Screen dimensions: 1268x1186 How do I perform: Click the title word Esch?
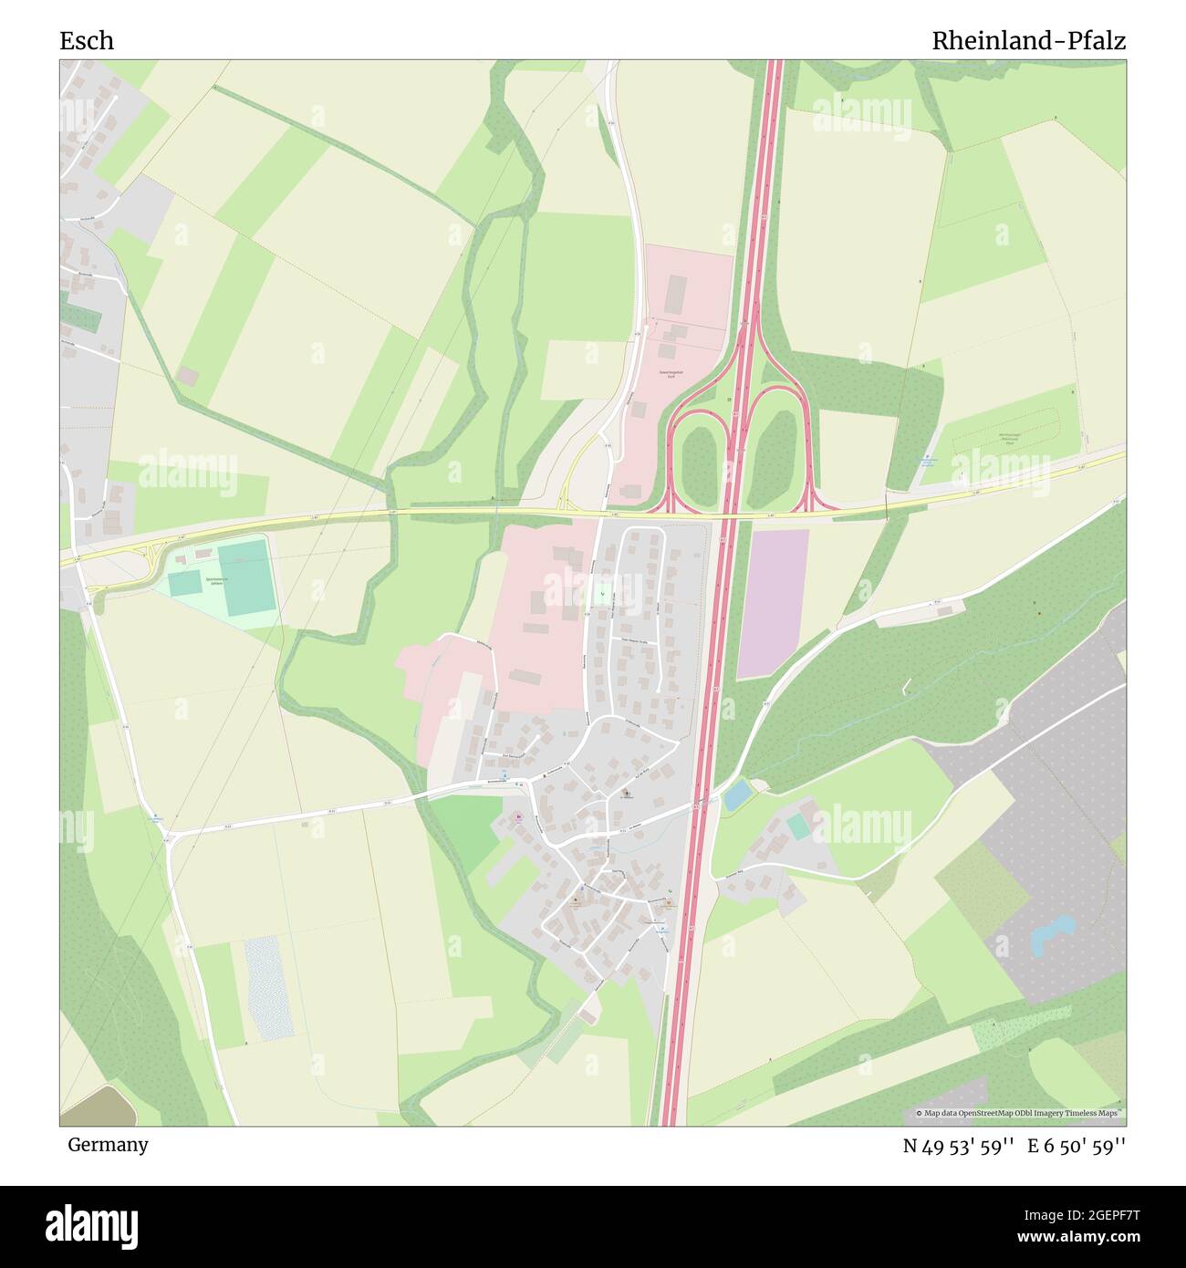point(87,41)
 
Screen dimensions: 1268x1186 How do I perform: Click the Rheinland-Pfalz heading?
point(1028,41)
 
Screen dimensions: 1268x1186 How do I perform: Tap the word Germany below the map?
point(108,1145)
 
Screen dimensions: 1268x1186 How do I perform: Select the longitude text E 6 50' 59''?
point(1077,1146)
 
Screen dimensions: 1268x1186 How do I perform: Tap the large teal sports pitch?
point(245,577)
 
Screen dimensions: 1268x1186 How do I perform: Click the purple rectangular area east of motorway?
point(773,603)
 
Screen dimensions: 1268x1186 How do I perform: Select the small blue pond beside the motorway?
point(736,795)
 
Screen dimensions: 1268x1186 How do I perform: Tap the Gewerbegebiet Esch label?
point(671,375)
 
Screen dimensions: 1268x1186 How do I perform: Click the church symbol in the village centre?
point(626,794)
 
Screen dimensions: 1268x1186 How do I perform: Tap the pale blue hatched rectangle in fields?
point(268,988)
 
